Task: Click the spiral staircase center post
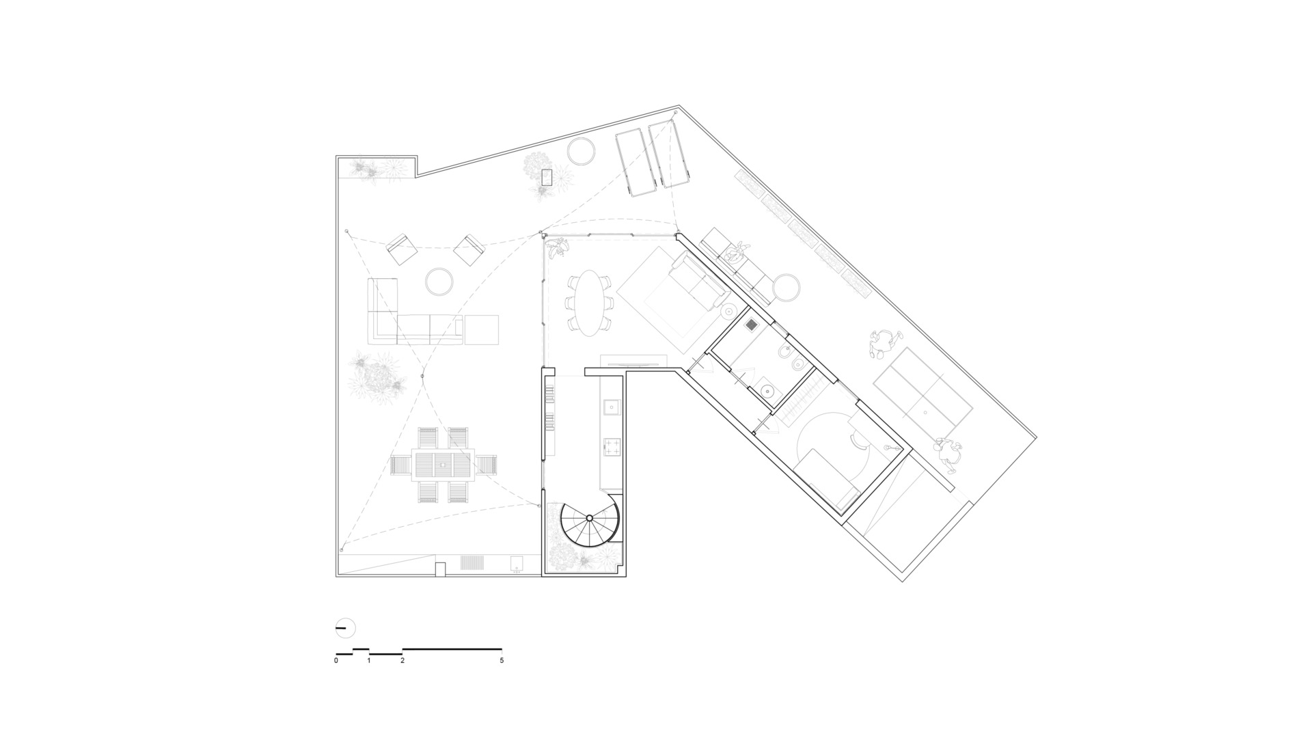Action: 590,518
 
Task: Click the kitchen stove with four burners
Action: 611,448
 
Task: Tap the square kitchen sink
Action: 611,407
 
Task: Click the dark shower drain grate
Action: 752,325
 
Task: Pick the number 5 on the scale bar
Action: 502,661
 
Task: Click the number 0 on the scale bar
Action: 336,661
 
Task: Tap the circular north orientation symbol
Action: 346,627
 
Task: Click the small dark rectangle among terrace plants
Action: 547,178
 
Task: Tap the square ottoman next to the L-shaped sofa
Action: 481,329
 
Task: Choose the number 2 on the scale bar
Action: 402,661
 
